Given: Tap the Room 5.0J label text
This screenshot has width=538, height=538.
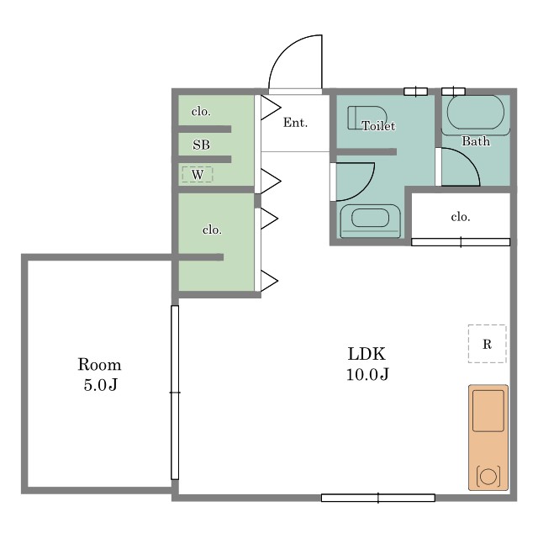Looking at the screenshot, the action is pos(99,374).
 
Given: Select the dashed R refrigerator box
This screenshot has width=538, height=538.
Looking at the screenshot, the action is pos(487,344).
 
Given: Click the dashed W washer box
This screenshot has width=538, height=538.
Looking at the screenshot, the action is pos(198,174).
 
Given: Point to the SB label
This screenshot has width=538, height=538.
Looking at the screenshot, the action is pos(201,145).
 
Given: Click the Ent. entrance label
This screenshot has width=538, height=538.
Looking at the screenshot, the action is pos(295,123).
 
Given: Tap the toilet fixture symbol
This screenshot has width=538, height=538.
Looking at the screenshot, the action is pos(367,118).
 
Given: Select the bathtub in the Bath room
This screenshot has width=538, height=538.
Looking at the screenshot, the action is pos(476,113).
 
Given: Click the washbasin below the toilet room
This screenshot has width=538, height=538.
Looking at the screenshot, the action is pos(370,220).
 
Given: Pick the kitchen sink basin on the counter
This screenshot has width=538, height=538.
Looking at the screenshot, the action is pos(488,411).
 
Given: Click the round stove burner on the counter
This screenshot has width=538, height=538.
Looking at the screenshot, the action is pos(488,477).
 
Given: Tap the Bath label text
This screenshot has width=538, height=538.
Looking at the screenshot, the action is pos(476,141).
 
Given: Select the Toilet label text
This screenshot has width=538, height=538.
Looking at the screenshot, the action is pos(378,126).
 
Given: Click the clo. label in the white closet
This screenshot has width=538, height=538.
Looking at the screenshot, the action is pos(461,217).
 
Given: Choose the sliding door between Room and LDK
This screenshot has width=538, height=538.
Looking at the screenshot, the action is pos(175,393).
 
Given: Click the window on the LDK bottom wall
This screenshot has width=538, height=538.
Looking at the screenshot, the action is pos(378,498).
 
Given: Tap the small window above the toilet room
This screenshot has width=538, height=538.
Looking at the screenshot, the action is pos(415,92).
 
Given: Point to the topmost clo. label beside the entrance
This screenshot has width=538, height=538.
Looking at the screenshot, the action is pos(201,112).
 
